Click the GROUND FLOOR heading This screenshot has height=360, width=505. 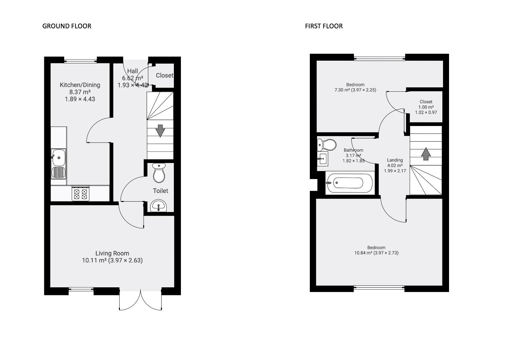[x=67, y=26]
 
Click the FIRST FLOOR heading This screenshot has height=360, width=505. [x=323, y=26]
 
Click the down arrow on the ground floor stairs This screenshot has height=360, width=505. [x=160, y=131]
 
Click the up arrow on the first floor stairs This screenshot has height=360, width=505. [x=425, y=154]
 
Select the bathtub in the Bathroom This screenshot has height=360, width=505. [x=348, y=183]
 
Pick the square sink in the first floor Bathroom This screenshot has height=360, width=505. [x=323, y=159]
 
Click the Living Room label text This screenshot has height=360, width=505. [x=112, y=253]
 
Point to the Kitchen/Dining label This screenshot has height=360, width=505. [x=80, y=85]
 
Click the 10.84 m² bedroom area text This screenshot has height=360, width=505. [x=376, y=253]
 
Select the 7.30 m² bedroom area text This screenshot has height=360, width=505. [x=355, y=90]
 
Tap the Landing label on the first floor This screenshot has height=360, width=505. [x=395, y=160]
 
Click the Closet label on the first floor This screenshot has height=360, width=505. [x=426, y=102]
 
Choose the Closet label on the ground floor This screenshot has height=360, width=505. [x=165, y=75]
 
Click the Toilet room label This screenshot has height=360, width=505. [x=160, y=191]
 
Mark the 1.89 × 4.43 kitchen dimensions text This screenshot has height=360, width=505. [x=80, y=99]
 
